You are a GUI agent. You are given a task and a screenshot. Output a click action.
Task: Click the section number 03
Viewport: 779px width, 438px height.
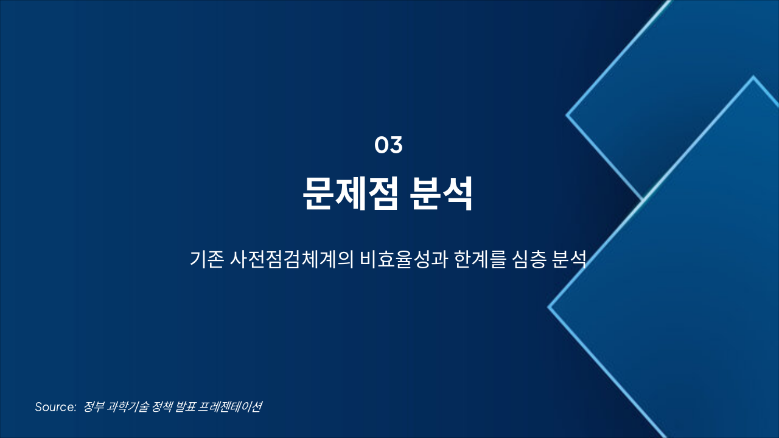pos(388,145)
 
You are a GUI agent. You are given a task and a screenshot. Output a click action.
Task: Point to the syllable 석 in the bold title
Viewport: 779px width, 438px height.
pos(458,193)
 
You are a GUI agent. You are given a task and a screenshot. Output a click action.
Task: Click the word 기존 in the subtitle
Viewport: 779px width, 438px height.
pos(206,259)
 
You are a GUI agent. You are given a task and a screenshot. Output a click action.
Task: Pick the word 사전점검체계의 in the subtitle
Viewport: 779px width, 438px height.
pos(292,259)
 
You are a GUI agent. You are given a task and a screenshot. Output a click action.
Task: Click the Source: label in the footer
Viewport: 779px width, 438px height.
pos(55,407)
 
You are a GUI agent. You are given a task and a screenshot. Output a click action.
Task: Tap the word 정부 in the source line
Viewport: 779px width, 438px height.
pos(93,407)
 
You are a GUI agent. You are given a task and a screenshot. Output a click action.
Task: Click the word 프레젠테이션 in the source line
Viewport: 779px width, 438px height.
pos(231,407)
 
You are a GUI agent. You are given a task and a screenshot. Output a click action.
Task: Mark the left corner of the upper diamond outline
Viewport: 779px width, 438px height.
pos(567,114)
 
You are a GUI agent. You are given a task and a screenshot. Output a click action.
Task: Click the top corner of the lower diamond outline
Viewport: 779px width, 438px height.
pos(753,77)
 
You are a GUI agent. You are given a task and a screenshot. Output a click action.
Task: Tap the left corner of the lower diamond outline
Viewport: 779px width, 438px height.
pos(549,307)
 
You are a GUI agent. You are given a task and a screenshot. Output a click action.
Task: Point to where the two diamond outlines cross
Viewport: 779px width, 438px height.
pos(643,200)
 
